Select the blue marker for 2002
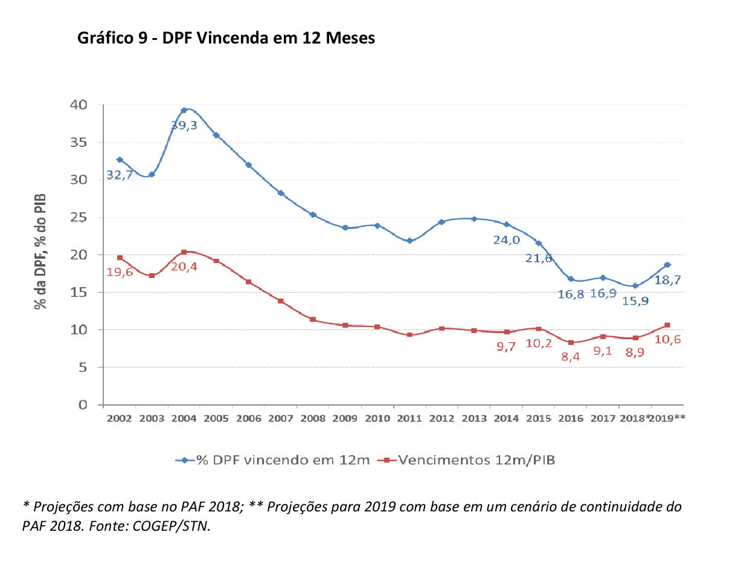[120, 160]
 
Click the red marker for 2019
[667, 325]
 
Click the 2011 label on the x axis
[409, 418]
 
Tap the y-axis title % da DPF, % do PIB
[40, 251]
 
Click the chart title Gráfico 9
[226, 38]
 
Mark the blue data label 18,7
[670, 280]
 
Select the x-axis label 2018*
[637, 418]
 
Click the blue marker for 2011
[409, 241]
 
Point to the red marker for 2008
[313, 319]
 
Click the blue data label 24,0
[506, 239]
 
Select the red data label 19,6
[120, 272]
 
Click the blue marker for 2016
[571, 279]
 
